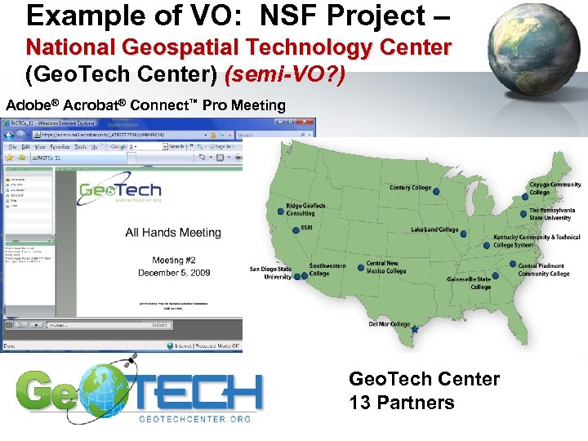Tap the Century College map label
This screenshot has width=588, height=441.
click(x=410, y=188)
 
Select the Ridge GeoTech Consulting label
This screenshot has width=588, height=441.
click(x=305, y=210)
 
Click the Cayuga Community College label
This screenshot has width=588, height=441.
click(x=555, y=188)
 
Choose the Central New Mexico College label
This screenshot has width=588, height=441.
click(x=386, y=267)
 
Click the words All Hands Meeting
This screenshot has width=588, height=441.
click(x=173, y=233)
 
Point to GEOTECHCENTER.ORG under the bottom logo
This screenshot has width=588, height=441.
click(x=194, y=419)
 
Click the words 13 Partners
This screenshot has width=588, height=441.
click(x=401, y=403)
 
